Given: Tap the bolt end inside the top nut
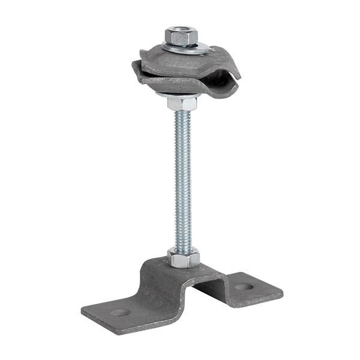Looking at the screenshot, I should click(x=179, y=30).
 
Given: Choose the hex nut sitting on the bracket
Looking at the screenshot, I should click(x=183, y=259).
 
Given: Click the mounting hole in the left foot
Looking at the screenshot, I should click(x=119, y=313).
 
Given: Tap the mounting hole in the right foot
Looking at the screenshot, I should click(x=244, y=287).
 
